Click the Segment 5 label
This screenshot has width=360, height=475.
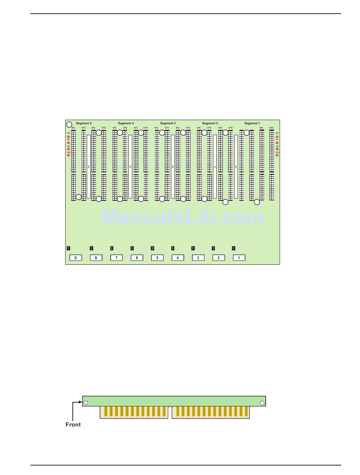pos(83,123)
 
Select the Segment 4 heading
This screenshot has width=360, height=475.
pos(125,123)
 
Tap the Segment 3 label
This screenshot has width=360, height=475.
pos(167,123)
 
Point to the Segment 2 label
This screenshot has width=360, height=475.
pos(210,123)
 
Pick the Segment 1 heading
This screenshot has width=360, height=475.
pos(252,123)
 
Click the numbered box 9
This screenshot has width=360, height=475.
pos(75,258)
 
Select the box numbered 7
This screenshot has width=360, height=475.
pos(116,258)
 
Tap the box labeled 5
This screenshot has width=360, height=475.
pos(157,258)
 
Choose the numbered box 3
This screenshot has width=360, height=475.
pos(198,258)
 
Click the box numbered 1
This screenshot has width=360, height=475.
pos(239,258)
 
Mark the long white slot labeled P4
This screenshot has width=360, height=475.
pos(89,167)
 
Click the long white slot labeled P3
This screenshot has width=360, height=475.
pos(130,167)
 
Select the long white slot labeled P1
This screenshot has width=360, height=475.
pos(215,167)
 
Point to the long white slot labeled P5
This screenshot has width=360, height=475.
pos(236,167)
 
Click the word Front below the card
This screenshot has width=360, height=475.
pos(73,425)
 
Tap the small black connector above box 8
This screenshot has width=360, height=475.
pos(91,248)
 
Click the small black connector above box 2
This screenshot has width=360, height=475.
pos(213,248)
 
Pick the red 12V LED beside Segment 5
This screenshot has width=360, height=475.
pos(69,136)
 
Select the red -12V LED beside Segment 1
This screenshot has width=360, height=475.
pos(277,155)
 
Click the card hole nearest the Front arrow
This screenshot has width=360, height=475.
pos(86,403)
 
